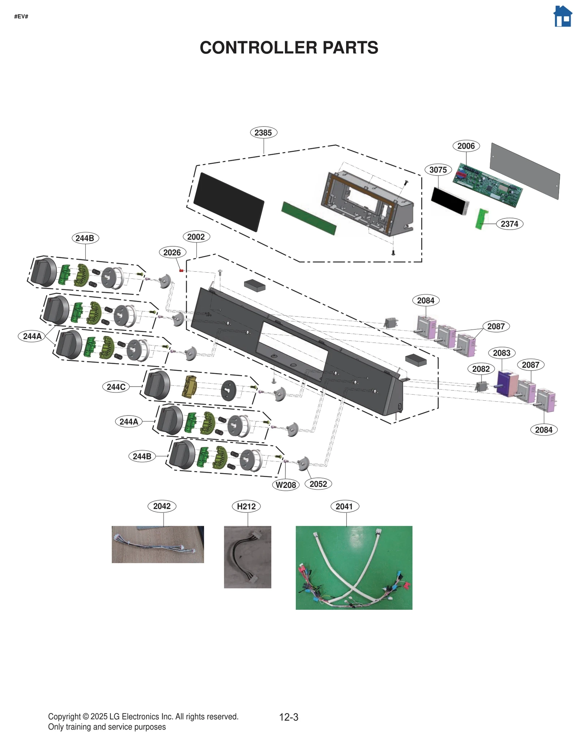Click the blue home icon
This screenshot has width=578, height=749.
pos(562,16)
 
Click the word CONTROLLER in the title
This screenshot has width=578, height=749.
pos(259,48)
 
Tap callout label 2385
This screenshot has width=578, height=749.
pos(263,133)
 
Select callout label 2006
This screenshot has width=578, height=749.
pos(466,146)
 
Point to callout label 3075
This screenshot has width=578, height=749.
pos(438,170)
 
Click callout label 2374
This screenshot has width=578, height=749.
pos(509,224)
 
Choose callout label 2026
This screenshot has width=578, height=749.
pos(172,252)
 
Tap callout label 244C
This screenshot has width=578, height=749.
pos(116,387)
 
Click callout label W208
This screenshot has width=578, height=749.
pos(285,485)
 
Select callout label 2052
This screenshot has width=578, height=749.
pos(318,484)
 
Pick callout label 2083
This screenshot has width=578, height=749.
pos(501,353)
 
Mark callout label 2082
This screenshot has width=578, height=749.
pos(481,369)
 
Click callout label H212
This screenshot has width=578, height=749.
pos(246,506)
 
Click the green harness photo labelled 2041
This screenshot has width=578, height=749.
pos(354,567)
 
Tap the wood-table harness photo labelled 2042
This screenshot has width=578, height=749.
pos(158,544)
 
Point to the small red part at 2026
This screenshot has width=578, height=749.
pos(181,271)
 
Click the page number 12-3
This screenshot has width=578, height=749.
pos(288,717)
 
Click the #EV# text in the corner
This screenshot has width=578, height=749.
pos(21,17)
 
